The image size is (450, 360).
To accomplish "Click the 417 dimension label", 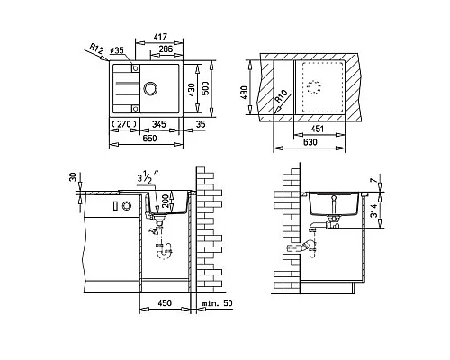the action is point(160,37).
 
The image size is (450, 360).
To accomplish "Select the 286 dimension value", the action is point(166,49).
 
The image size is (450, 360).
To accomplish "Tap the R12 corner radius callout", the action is point(97,49).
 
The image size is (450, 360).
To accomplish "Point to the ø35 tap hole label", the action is point(117,50).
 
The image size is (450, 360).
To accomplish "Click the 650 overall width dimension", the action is point(149,139).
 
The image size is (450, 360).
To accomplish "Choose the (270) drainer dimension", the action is point(123,124).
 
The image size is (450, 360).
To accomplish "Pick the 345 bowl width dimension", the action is point(158,124).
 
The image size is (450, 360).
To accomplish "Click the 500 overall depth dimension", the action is point(205,88).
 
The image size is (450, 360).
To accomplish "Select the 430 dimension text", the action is point(192,89).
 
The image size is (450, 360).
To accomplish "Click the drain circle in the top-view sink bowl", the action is point(150,88).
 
